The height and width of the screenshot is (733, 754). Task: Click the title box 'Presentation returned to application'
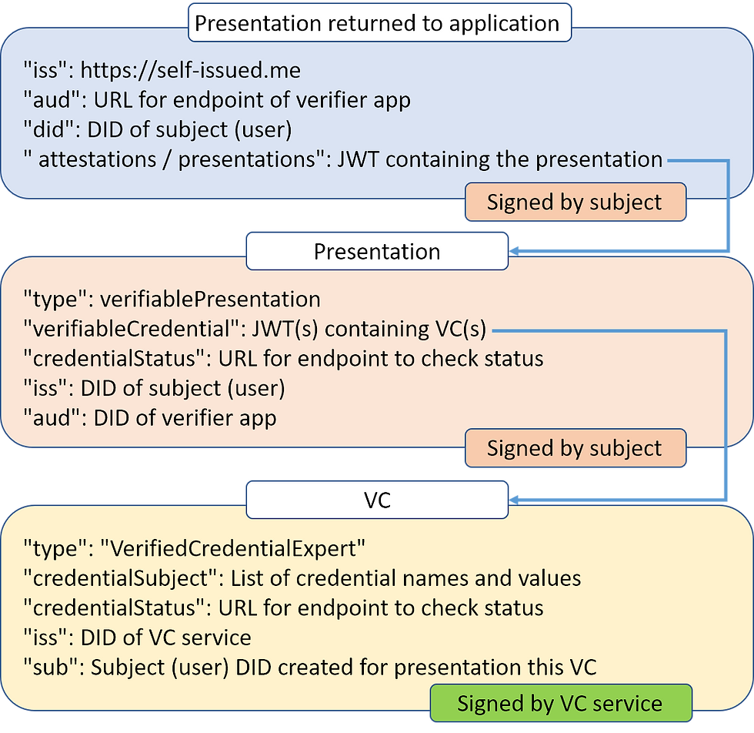pyautogui.click(x=379, y=22)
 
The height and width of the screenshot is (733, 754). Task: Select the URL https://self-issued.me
pyautogui.click(x=191, y=70)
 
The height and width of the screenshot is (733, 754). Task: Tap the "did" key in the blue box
pyautogui.click(x=45, y=129)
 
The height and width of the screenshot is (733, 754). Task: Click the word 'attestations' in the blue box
pyautogui.click(x=98, y=159)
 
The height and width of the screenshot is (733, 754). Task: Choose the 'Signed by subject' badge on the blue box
pyautogui.click(x=576, y=202)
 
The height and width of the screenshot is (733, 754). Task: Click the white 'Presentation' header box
pyautogui.click(x=377, y=251)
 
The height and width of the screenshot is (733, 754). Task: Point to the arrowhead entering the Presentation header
pyautogui.click(x=514, y=251)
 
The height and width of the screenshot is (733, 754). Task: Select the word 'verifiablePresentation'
pyautogui.click(x=210, y=300)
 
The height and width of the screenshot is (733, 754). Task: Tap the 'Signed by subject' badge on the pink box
pyautogui.click(x=576, y=447)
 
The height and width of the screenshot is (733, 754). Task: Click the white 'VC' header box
pyautogui.click(x=377, y=500)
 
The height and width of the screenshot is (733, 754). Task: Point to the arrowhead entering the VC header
pyautogui.click(x=514, y=500)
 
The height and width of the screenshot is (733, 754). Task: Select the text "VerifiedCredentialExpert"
pyautogui.click(x=232, y=548)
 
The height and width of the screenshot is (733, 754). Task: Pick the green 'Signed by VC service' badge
pyautogui.click(x=561, y=703)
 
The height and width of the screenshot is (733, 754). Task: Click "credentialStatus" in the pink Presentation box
pyautogui.click(x=115, y=359)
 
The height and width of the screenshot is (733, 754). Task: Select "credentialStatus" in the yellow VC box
pyautogui.click(x=115, y=607)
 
